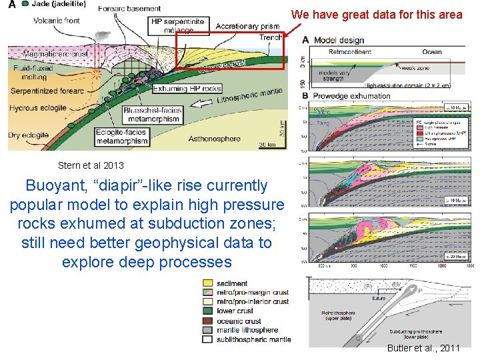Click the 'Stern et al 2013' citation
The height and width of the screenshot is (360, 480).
point(91,165)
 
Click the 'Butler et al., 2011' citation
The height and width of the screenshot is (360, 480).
point(423,348)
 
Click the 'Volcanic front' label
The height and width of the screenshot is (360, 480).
point(57,20)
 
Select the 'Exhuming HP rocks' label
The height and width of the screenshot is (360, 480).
point(187,89)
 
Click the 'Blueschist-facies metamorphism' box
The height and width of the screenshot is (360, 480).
point(151,115)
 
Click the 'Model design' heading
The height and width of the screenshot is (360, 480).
point(339,40)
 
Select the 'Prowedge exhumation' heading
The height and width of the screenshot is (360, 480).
point(353,95)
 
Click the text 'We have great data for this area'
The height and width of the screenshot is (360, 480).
point(377,14)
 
